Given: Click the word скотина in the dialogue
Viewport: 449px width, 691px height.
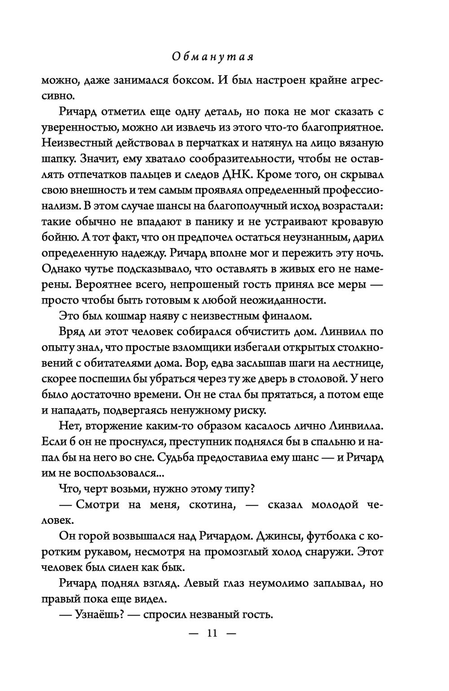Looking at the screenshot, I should point(208,504).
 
